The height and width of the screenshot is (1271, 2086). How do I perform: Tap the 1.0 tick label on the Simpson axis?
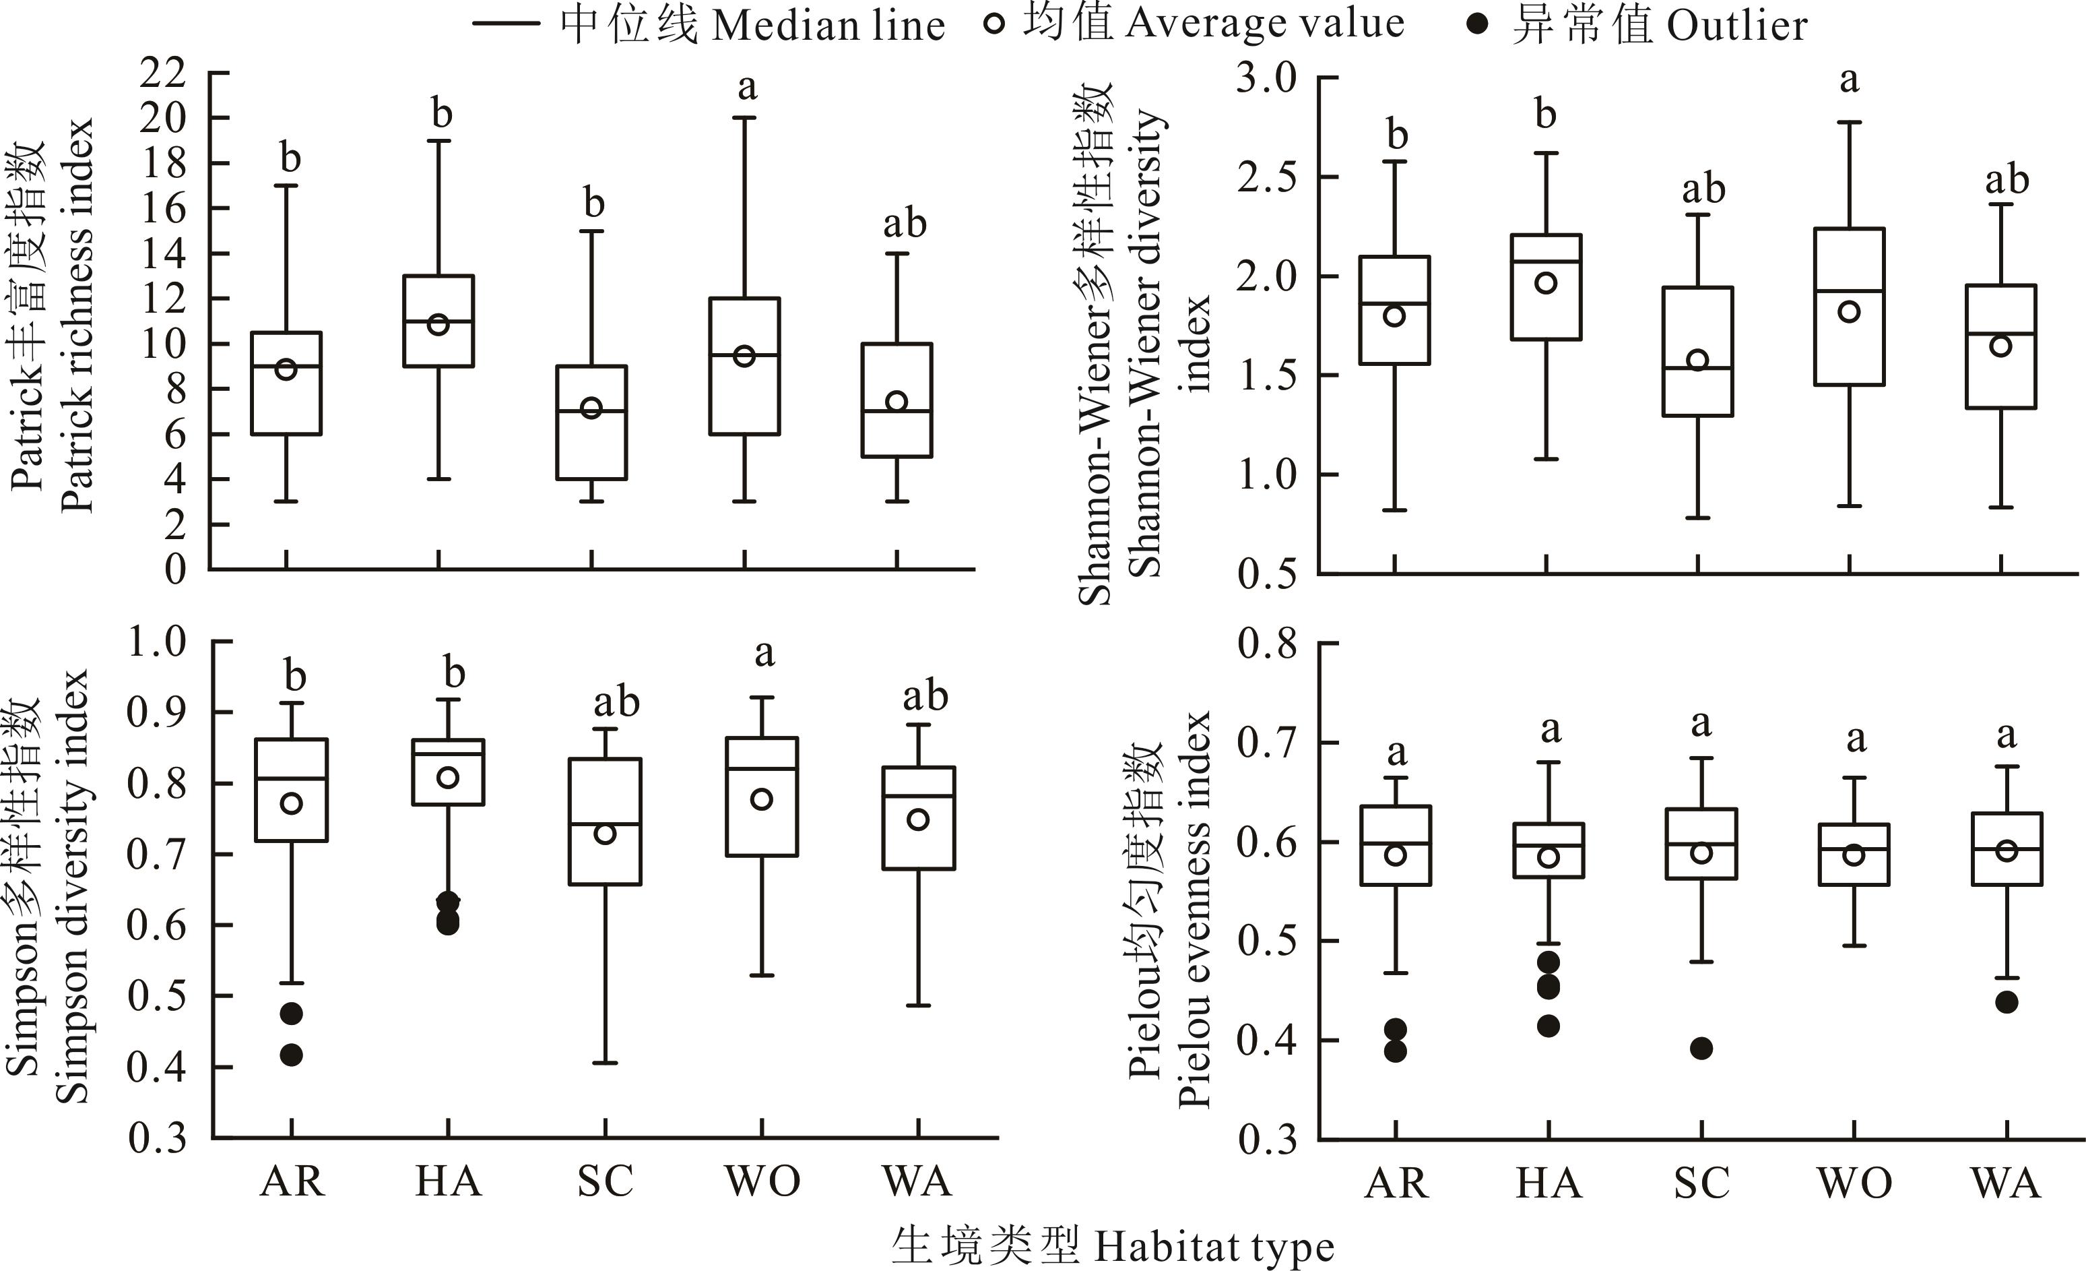pyautogui.click(x=157, y=642)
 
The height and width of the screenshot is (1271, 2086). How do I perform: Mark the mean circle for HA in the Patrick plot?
pyautogui.click(x=438, y=324)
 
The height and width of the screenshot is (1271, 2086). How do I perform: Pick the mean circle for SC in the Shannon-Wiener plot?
pyautogui.click(x=1697, y=360)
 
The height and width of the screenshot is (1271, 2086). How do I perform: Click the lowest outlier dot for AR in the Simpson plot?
pyautogui.click(x=291, y=1055)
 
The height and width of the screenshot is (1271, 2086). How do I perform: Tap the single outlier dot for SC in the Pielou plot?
pyautogui.click(x=1701, y=1049)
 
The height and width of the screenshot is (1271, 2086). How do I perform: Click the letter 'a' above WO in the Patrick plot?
pyautogui.click(x=747, y=86)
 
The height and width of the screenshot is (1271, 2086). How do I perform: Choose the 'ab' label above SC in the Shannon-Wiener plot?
pyautogui.click(x=1703, y=189)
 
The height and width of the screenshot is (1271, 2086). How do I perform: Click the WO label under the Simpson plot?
pyautogui.click(x=762, y=1181)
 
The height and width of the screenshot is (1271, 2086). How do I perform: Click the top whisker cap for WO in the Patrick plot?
pyautogui.click(x=744, y=118)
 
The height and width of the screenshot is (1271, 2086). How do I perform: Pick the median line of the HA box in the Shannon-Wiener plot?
pyautogui.click(x=1546, y=261)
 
